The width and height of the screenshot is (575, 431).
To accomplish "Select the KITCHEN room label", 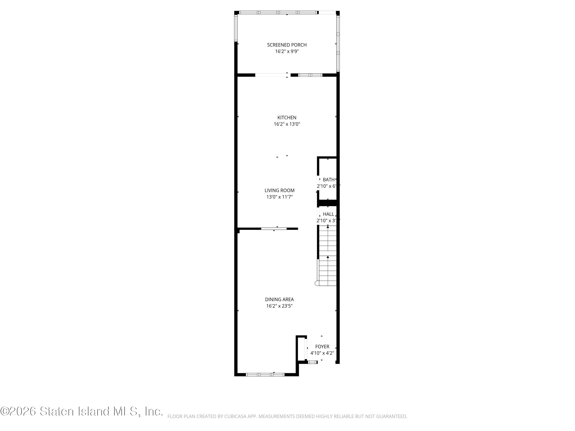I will point(287,118).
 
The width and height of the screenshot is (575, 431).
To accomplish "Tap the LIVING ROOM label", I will point(279,190).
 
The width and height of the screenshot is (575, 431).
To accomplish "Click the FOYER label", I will point(322,347).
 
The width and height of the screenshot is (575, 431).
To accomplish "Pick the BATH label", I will point(329,179).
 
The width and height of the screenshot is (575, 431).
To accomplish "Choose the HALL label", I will point(328,214).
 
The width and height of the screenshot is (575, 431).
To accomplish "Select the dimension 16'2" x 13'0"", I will point(287,124).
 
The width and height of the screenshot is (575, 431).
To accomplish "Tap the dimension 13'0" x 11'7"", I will point(279,197).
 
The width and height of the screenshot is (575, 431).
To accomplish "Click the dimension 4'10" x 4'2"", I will point(322,353).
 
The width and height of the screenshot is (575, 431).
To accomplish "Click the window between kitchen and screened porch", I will point(310,75).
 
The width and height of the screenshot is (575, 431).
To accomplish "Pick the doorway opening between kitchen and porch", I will point(273,75).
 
